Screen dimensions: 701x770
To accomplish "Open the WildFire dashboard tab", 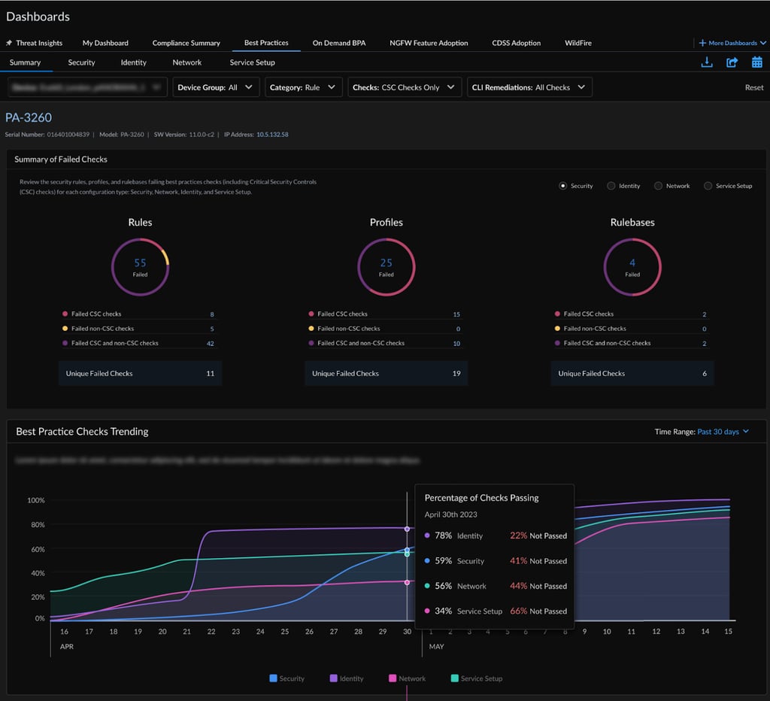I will [577, 43].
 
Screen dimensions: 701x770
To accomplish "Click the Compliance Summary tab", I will [186, 43].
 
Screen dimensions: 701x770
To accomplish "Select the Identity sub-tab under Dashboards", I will [133, 62].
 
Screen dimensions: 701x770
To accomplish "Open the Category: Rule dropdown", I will [303, 87].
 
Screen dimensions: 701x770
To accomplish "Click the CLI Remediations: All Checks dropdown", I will [529, 87].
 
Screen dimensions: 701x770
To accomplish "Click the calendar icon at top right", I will [756, 62].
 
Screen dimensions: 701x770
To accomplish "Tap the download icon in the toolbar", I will [706, 62].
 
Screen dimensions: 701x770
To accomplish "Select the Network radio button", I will [659, 186].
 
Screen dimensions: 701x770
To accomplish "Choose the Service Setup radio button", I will [708, 186].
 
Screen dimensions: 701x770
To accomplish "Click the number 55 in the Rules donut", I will [140, 263].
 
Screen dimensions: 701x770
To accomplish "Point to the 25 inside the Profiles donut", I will [386, 263].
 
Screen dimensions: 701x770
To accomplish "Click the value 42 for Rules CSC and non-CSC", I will [210, 344].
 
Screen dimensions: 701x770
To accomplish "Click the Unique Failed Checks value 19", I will [456, 374].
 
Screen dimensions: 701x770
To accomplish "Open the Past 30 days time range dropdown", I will [723, 432].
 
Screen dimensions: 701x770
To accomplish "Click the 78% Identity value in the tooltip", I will [442, 536].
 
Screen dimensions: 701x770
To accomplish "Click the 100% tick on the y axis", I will [36, 500].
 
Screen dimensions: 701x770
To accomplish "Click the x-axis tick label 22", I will [211, 633].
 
